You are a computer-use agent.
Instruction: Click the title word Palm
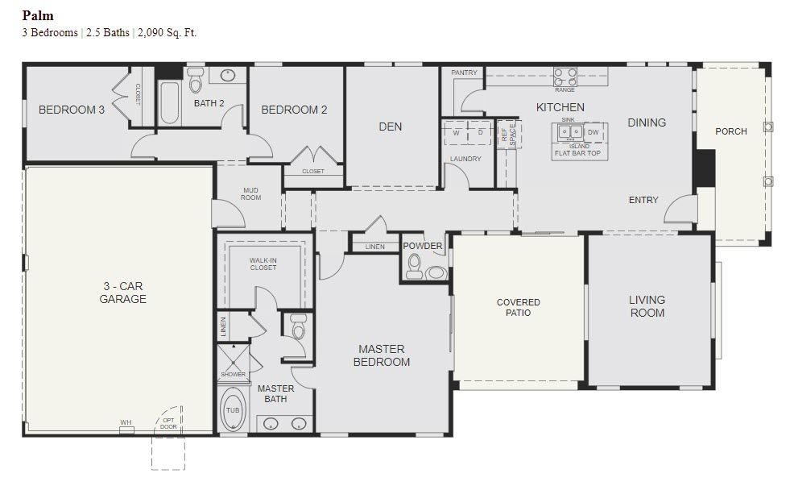click(38, 15)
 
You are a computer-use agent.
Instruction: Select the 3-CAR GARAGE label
click(123, 293)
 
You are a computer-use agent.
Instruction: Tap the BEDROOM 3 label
click(72, 110)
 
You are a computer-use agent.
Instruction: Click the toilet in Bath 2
click(196, 81)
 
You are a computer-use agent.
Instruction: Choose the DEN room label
click(391, 127)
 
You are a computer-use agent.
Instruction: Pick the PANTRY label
click(464, 73)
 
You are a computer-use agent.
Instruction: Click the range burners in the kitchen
click(564, 76)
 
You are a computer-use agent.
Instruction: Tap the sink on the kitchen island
click(571, 131)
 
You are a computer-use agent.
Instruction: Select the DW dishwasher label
click(593, 131)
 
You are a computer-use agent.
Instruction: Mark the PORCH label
click(731, 131)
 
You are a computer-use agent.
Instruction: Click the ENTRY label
click(643, 200)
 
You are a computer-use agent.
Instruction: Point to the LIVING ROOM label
click(647, 306)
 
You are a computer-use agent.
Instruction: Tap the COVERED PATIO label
click(518, 308)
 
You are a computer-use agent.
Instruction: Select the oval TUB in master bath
click(232, 410)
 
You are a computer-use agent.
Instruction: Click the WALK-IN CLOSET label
click(263, 264)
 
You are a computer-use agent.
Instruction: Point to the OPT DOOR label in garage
click(168, 423)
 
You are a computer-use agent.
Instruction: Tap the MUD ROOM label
click(250, 194)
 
